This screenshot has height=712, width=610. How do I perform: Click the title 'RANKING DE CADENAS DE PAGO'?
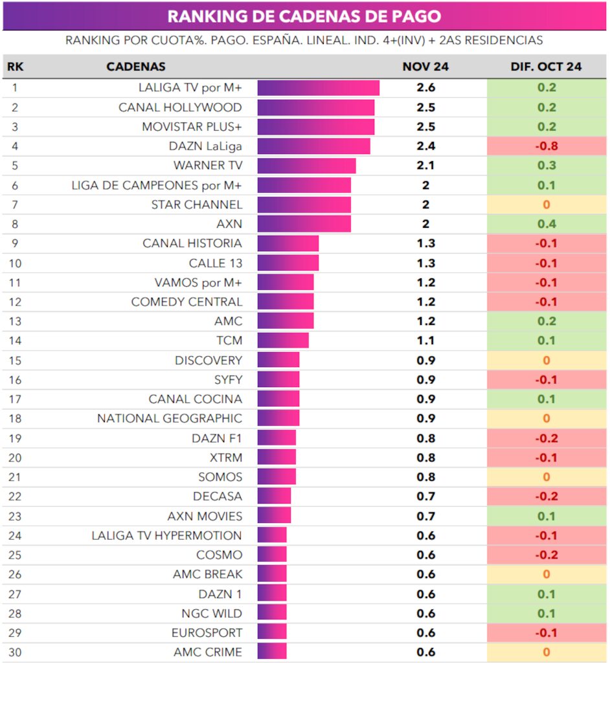click(304, 16)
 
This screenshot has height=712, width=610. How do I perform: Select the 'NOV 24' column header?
click(425, 67)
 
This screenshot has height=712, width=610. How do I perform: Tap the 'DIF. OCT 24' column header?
click(546, 67)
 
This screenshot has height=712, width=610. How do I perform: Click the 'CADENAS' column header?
click(136, 67)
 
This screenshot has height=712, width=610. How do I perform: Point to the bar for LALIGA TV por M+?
click(318, 88)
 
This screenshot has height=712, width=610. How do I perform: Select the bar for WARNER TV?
click(306, 166)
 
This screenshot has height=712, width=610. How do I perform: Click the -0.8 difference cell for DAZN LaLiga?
click(546, 146)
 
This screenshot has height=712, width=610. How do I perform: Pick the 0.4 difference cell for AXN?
click(546, 224)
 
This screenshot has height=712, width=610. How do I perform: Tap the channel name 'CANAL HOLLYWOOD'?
click(180, 107)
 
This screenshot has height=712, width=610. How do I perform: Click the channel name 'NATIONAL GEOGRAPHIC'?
click(170, 419)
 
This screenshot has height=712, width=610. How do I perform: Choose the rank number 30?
click(15, 652)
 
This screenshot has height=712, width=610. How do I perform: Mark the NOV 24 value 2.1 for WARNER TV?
click(425, 166)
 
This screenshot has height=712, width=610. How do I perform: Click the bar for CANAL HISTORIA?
click(288, 243)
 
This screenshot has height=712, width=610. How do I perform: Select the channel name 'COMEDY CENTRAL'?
click(186, 302)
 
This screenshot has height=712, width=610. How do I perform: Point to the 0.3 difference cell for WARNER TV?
click(546, 166)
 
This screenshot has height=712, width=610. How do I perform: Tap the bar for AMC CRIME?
click(272, 652)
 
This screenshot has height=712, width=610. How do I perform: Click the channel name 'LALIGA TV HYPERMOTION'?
click(166, 535)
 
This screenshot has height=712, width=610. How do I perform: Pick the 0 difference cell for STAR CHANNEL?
click(546, 205)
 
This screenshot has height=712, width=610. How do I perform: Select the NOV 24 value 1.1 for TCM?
click(425, 341)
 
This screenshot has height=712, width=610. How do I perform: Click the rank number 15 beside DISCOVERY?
click(15, 361)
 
